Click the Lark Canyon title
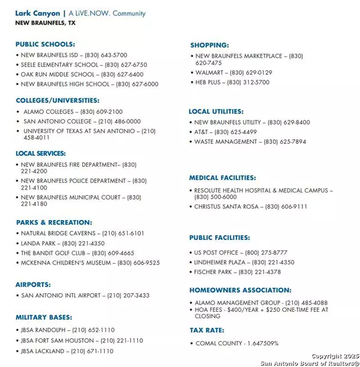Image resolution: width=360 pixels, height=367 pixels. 38,13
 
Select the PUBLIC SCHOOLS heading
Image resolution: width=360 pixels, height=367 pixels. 45,44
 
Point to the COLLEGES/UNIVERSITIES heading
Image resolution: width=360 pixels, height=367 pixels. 58,101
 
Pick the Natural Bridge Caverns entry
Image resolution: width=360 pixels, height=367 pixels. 82,233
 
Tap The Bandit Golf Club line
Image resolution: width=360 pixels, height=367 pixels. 77,253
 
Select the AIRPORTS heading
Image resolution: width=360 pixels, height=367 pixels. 33,285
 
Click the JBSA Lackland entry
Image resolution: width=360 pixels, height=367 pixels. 67,351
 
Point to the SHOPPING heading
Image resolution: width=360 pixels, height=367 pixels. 209,46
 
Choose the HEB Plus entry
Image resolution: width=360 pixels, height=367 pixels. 232,82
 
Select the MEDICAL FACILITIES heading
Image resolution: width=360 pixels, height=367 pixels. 222,178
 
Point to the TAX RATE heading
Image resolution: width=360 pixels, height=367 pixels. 207,330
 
